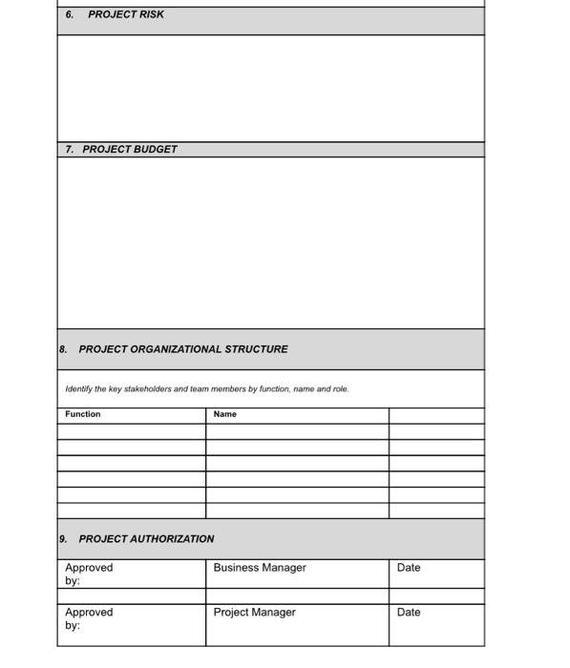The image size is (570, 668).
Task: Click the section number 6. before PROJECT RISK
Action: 70,14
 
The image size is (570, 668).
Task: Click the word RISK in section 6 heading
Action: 151,14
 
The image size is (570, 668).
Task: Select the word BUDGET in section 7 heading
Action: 155,149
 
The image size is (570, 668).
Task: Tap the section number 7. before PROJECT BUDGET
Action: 70,149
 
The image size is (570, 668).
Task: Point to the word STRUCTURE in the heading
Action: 256,349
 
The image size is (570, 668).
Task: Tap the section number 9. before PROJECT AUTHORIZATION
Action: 63,538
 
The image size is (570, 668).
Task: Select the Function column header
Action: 83,414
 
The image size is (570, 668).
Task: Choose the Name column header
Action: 225,414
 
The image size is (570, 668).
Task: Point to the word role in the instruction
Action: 340,389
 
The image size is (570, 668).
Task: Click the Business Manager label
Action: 260,568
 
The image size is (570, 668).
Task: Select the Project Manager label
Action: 255,613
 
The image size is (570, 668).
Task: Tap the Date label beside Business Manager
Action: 409,568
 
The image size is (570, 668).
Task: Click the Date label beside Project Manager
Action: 409,613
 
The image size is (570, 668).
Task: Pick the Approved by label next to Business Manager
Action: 88,574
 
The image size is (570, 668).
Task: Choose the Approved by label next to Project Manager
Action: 88,618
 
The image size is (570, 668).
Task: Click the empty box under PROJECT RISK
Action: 270,88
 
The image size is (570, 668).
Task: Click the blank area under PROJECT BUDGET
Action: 270,242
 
